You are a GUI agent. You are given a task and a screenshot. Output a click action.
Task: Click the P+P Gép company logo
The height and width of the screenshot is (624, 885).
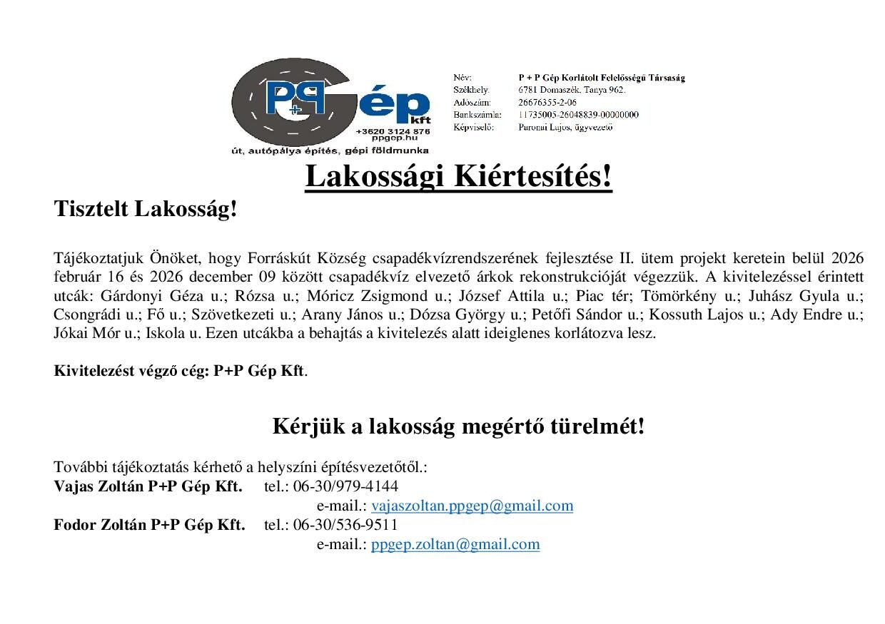click(330, 107)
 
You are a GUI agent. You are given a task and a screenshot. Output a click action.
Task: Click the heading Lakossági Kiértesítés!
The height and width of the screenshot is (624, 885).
click(458, 177)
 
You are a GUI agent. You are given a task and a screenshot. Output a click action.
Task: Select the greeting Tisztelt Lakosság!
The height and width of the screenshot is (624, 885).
click(145, 209)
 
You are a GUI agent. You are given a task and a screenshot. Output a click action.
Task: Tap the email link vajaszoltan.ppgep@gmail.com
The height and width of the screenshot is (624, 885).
click(472, 506)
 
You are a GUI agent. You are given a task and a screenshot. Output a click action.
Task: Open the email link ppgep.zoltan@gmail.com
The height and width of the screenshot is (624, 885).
click(455, 544)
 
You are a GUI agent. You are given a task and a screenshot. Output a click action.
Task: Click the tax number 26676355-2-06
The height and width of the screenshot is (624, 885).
click(547, 103)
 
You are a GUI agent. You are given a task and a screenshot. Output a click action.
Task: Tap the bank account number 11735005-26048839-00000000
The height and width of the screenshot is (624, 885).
click(578, 115)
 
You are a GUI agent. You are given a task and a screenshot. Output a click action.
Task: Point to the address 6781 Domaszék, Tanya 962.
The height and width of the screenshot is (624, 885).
click(572, 90)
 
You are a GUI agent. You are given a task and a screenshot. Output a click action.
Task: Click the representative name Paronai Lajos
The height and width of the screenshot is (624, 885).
click(546, 128)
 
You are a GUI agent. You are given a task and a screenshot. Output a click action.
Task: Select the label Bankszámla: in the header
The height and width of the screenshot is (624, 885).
click(477, 115)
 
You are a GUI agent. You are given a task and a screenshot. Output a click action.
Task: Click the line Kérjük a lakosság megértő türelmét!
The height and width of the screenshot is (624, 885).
click(458, 426)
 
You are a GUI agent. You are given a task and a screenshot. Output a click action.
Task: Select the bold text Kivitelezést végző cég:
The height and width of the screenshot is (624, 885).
click(132, 372)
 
